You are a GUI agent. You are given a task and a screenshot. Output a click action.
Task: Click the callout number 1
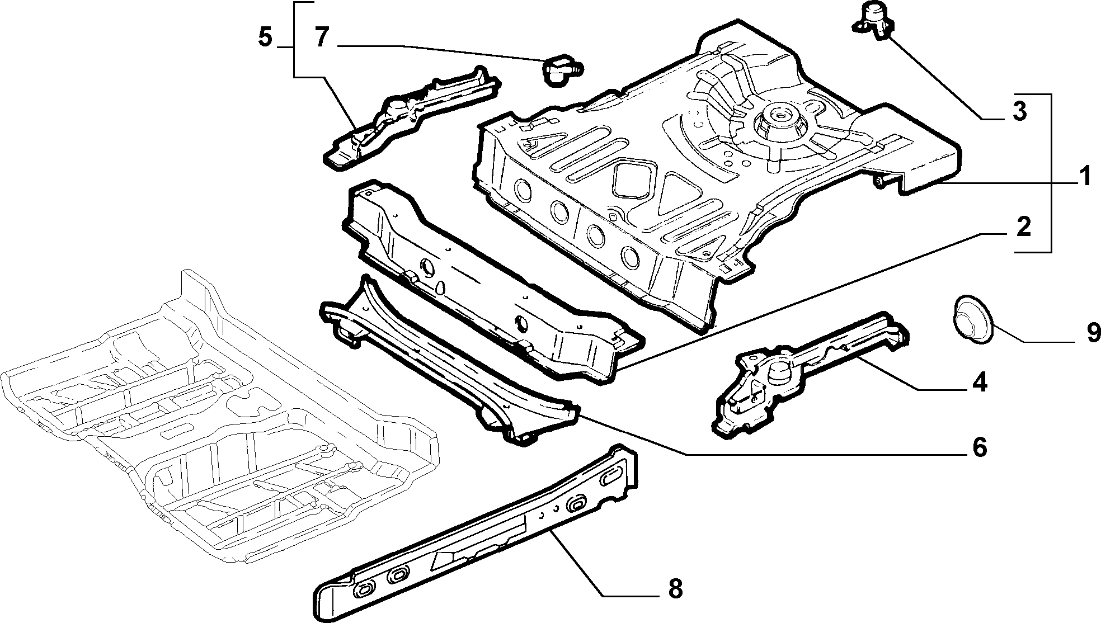point(1084,177)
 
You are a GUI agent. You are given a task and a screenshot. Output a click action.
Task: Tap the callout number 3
point(1019,112)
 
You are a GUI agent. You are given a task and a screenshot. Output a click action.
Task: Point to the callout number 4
point(979,383)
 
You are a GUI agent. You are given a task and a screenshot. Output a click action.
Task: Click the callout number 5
point(265,38)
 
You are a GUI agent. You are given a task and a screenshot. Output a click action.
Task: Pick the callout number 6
point(978,447)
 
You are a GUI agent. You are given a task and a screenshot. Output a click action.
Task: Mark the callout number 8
point(675,588)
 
